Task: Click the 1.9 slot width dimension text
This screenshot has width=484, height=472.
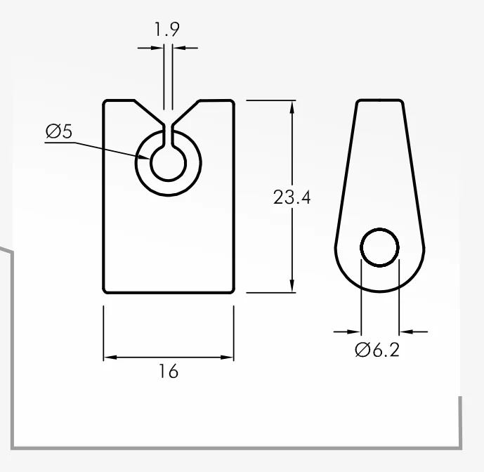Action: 166,29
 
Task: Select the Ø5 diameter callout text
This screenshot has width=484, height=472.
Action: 59,131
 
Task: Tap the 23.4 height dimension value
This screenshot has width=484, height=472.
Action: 292,197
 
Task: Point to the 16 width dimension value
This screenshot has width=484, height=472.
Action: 169,371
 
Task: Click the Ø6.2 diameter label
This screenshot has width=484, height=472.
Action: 377,350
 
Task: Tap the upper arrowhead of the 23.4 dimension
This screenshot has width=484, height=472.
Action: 292,107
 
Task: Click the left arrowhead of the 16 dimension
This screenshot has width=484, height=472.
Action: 110,358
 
